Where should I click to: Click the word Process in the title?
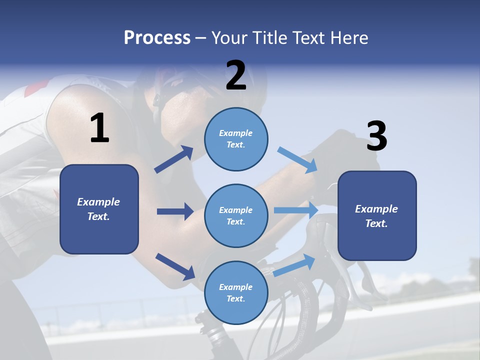pos(157,38)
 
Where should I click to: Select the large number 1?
pos(99,128)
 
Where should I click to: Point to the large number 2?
pos(236,75)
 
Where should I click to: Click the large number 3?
pos(376,136)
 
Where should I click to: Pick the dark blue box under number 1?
pos(99,209)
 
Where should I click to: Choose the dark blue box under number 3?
pos(377,216)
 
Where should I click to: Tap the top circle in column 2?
pos(236,139)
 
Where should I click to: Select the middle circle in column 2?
pos(236,215)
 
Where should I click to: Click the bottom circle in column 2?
pos(236,293)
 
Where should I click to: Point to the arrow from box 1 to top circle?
pos(174,159)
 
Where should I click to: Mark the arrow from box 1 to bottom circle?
pos(175,266)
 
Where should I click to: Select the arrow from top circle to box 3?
pos(297,159)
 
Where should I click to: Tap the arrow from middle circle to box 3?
pos(296,210)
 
